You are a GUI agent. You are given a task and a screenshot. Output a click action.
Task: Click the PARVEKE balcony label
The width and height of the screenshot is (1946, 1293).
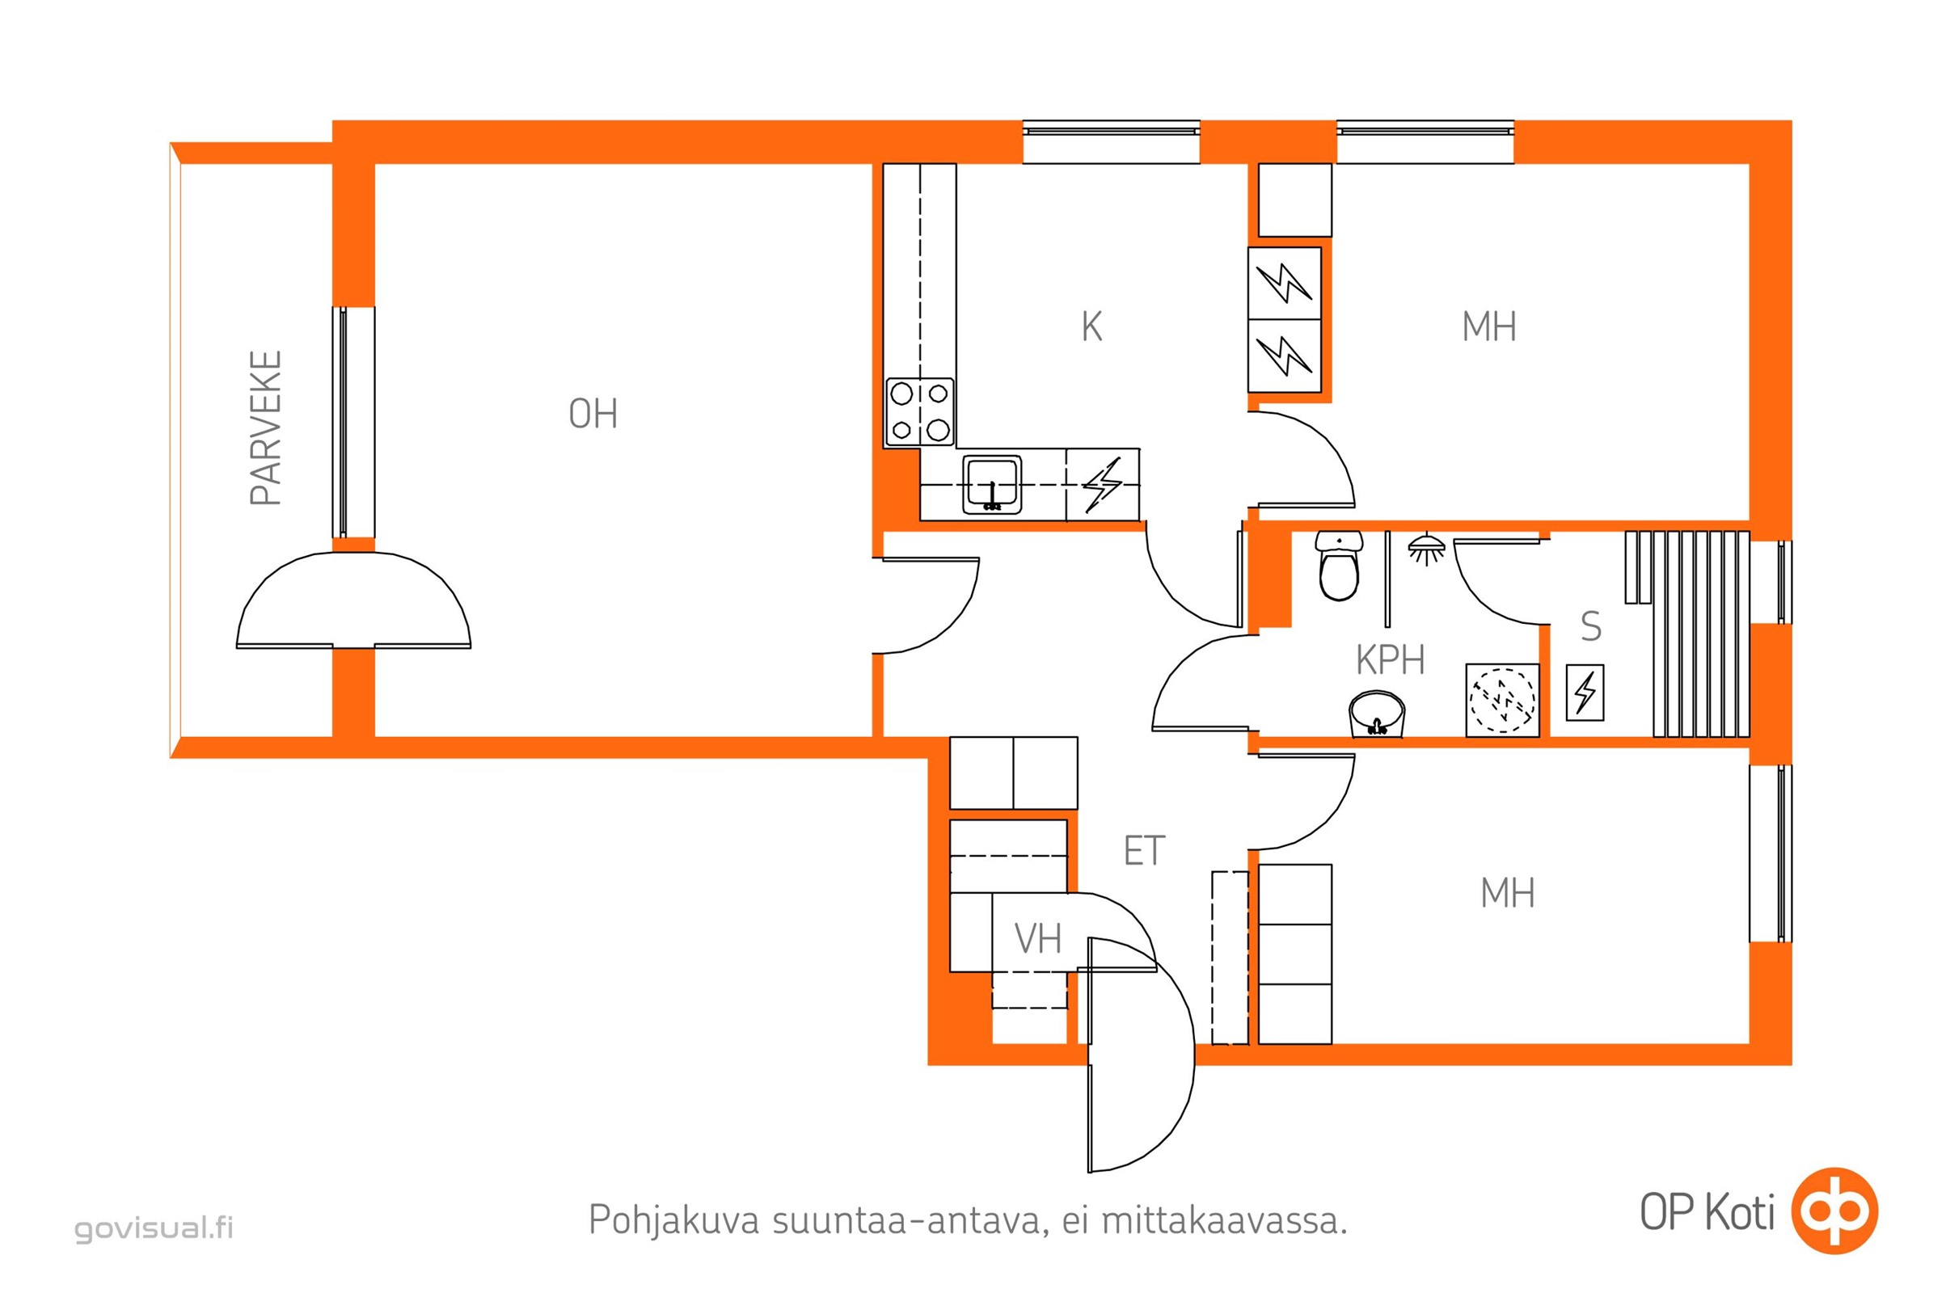point(266,428)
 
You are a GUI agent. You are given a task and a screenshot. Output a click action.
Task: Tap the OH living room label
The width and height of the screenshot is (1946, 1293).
point(593,414)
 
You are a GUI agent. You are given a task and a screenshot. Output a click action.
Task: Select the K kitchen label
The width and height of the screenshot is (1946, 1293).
point(1091,327)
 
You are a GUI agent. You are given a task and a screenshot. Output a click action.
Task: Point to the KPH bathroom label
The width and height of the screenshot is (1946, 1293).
point(1390,659)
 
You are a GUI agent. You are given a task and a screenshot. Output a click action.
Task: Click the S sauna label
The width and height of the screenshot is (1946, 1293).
point(1590,627)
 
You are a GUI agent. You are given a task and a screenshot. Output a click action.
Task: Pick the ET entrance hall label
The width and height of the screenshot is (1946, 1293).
point(1144,851)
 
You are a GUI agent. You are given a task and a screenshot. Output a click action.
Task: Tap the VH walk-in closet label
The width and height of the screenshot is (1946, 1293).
point(1038,938)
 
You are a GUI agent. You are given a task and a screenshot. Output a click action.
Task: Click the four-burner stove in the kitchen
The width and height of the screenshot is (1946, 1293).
point(920,412)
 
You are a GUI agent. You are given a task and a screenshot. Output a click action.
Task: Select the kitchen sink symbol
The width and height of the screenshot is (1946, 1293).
point(991,485)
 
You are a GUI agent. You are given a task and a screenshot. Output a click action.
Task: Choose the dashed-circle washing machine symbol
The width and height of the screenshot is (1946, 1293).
point(1502,700)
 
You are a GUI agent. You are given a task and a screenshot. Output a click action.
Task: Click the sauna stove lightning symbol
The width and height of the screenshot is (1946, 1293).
point(1585,693)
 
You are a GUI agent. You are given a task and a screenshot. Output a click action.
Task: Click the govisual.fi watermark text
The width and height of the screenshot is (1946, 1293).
point(154,1228)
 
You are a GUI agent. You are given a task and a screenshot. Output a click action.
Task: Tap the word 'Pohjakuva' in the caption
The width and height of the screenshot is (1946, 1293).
point(673,1221)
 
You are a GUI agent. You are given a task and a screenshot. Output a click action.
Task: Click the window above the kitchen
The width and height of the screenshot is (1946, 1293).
point(1111,142)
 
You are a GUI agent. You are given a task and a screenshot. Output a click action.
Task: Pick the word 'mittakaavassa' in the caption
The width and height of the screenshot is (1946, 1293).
point(1224,1220)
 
